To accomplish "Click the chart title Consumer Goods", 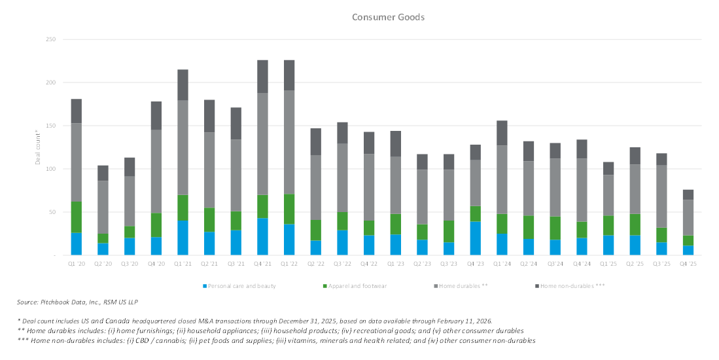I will [x=388, y=17].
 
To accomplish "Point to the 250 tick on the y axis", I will [x=50, y=40].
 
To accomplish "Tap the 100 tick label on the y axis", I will [x=50, y=169].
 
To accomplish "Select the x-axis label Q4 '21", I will [x=262, y=264].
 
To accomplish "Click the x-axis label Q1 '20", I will [x=77, y=264].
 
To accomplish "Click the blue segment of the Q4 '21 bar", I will [x=262, y=236].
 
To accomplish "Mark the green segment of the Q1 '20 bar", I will [x=77, y=217].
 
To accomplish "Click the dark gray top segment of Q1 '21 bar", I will [x=183, y=85].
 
